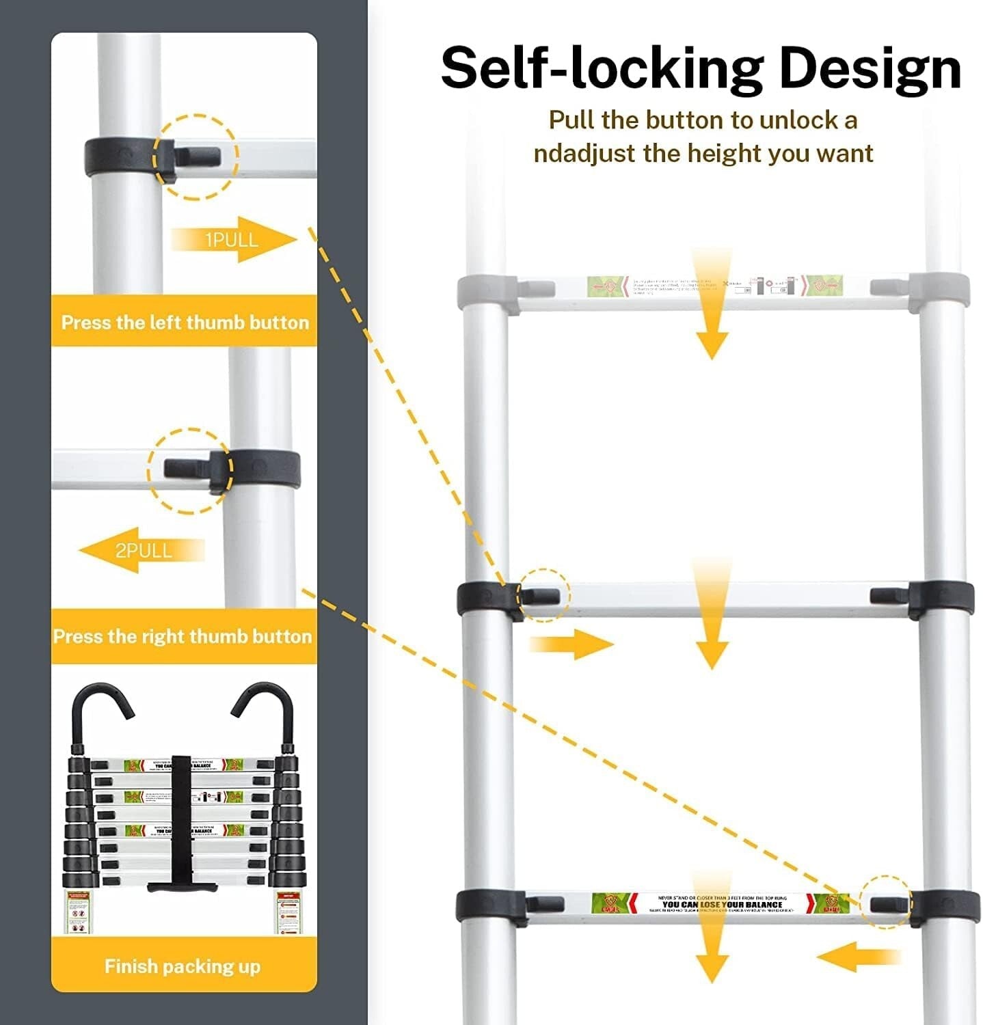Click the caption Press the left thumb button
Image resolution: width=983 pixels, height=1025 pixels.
point(185,322)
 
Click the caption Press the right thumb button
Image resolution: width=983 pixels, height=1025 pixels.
point(183,636)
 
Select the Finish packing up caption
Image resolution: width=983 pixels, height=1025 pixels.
point(183,966)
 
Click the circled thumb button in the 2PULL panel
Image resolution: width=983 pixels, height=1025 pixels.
point(187,469)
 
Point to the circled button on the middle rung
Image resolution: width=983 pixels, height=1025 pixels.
point(543,595)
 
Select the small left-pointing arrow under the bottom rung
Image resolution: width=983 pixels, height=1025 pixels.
point(859,956)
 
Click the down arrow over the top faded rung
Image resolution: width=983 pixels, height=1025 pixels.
point(711,304)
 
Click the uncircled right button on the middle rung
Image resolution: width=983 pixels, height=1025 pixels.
point(889,595)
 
